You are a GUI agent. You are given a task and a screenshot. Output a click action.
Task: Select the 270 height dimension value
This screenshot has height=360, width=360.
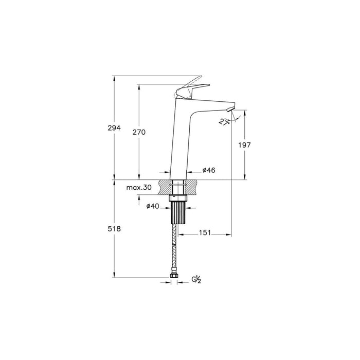point(139,132)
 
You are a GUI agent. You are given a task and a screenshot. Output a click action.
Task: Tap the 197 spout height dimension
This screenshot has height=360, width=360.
point(244,145)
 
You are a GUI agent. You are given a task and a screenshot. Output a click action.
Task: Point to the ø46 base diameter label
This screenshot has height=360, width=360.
point(208,171)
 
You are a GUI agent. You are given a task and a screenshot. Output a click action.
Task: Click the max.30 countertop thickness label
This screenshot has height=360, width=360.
point(139,188)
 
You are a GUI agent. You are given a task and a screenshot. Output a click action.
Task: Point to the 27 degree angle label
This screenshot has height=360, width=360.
point(224,122)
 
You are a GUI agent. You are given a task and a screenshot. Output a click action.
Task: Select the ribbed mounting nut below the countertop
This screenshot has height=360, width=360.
point(177,211)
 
